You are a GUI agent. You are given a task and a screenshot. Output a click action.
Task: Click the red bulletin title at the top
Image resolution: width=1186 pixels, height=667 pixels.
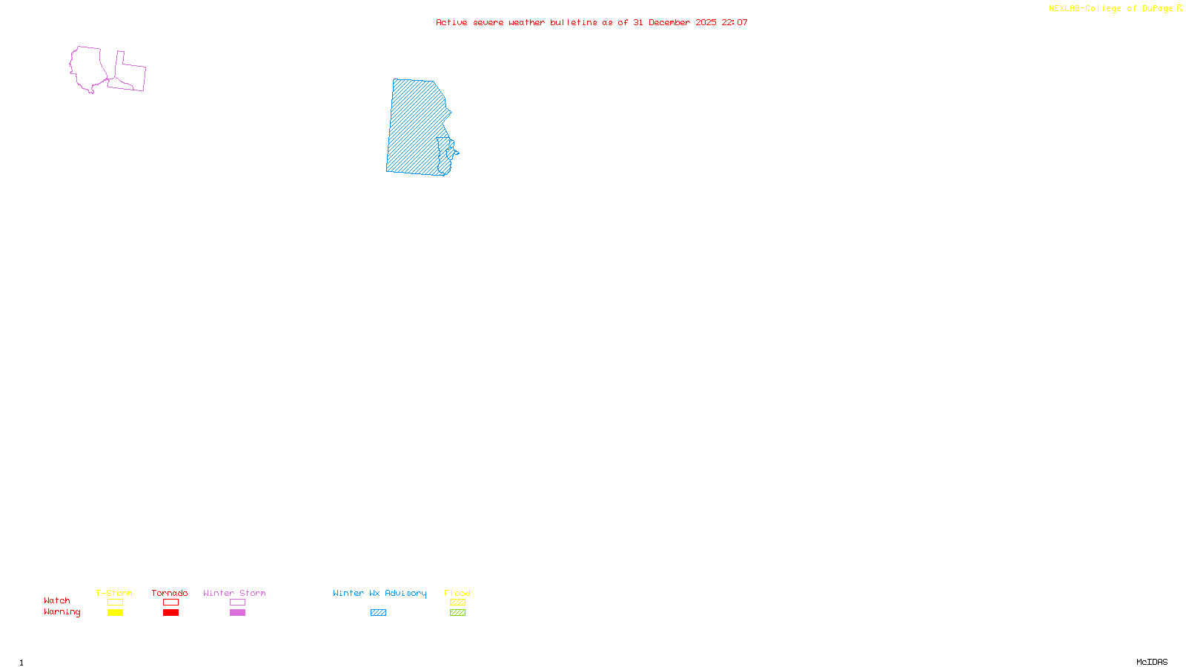592,23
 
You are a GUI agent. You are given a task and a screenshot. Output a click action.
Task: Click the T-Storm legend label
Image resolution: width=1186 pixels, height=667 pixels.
114,593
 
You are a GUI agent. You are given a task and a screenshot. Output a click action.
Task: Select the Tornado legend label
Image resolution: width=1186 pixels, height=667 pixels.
170,593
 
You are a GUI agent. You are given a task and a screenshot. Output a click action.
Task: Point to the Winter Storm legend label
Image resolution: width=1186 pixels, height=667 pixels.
234,593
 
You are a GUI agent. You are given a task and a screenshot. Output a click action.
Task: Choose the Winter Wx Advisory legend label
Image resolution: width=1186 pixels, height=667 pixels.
380,593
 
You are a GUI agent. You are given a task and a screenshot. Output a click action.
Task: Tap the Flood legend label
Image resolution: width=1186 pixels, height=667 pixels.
457,593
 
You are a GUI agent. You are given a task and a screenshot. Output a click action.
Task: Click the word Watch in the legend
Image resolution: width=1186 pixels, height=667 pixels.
57,601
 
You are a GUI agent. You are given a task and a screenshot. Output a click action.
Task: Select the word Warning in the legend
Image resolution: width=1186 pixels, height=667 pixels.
62,612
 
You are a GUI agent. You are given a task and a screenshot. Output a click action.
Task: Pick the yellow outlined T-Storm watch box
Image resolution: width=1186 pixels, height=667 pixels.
115,603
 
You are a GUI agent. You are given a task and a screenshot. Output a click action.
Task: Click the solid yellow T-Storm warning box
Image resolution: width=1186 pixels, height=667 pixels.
115,613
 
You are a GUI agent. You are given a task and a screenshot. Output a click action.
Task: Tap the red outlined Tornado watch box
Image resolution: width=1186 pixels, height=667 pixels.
170,603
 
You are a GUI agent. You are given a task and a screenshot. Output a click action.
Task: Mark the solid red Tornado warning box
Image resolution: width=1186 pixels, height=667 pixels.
170,613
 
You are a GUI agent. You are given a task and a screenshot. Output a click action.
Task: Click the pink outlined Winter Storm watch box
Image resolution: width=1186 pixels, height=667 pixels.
237,603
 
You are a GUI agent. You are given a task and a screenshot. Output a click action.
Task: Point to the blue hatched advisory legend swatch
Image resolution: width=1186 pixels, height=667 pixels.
378,613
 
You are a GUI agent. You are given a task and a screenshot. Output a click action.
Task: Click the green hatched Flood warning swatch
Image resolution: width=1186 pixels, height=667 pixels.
457,613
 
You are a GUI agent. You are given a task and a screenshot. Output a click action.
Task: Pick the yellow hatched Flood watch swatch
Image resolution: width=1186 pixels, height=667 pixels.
457,603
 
